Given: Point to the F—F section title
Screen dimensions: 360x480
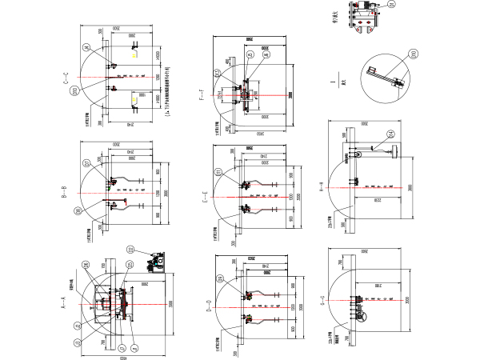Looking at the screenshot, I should [202, 96].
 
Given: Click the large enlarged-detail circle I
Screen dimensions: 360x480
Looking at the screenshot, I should [386, 78].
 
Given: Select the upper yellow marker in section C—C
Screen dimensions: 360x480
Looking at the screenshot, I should [134, 55].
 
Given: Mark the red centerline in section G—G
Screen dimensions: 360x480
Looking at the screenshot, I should [376, 300].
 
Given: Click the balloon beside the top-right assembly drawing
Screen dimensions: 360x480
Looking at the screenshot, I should [392, 5].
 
